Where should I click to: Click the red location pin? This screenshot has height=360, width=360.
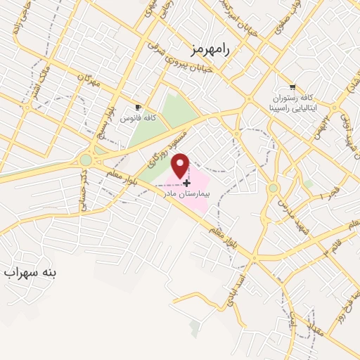pyautogui.click(x=181, y=165)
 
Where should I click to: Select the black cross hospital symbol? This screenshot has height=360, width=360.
pyautogui.click(x=186, y=181)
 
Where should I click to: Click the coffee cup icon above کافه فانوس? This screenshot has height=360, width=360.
pyautogui.click(x=138, y=108)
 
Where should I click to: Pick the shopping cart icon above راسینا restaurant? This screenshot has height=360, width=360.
pyautogui.click(x=292, y=86)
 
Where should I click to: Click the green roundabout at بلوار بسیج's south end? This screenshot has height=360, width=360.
pyautogui.click(x=86, y=160)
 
